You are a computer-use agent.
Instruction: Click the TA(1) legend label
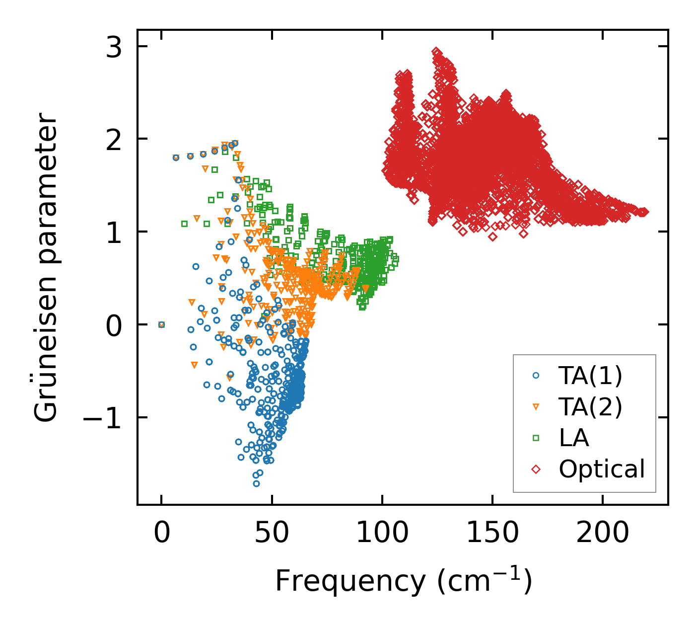coord(590,376)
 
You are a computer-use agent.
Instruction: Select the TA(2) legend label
coord(590,407)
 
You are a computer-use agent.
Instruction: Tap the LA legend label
coord(574,438)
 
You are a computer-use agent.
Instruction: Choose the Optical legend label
coord(602,469)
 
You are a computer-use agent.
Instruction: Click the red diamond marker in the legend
coord(536,469)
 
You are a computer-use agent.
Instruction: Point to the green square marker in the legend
coord(536,438)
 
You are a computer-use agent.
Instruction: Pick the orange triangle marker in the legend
coord(536,407)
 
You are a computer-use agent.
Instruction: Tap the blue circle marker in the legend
coord(536,376)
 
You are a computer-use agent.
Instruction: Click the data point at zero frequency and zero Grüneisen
coord(161,324)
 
